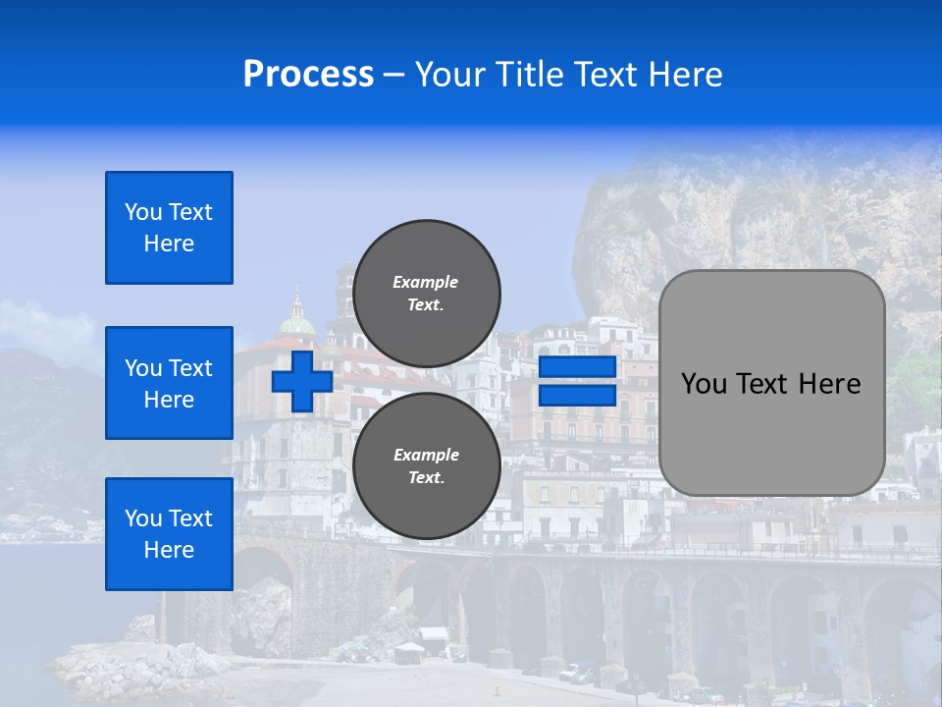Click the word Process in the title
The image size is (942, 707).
308,75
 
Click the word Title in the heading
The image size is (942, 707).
528,75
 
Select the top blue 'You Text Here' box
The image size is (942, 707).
169,228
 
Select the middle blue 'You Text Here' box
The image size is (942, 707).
169,383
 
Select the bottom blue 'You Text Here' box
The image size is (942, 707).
169,534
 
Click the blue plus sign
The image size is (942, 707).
301,381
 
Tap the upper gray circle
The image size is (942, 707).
426,294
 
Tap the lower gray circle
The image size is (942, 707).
426,466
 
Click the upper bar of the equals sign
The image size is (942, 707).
577,367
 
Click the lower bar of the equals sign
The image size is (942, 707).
577,396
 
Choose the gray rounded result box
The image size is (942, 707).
771,383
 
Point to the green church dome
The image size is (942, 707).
297,321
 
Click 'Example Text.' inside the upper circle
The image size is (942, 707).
426,294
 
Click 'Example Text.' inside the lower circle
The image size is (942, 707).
426,466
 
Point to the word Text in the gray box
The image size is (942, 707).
770,384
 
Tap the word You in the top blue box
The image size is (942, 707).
142,212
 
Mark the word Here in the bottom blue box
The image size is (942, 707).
169,550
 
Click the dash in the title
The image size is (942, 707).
393,75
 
